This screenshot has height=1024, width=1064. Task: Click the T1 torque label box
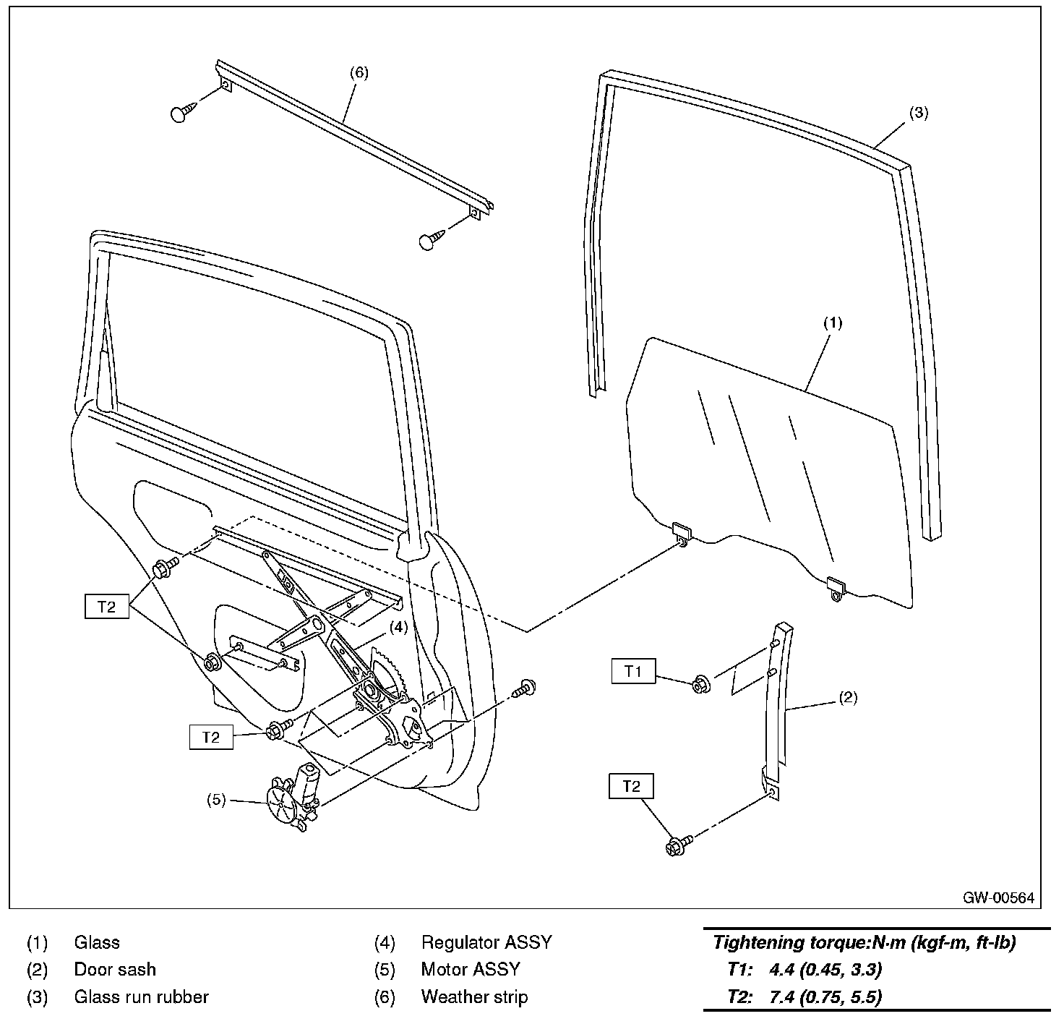tap(633, 671)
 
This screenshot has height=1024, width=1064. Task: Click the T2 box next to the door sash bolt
tap(631, 786)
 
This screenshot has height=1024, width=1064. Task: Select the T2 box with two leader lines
tap(106, 606)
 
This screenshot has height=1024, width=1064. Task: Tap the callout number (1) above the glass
tap(833, 323)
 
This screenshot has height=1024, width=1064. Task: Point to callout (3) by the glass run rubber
tap(918, 113)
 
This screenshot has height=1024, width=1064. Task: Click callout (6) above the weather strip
tap(359, 72)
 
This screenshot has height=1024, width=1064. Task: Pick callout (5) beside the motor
tap(217, 800)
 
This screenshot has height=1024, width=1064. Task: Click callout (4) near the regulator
tap(399, 627)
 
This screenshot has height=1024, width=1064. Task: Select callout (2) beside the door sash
tap(848, 698)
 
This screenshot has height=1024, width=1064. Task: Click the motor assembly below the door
tap(293, 799)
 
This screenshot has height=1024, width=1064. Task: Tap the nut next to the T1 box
tap(700, 684)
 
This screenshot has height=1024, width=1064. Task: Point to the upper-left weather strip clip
tap(182, 113)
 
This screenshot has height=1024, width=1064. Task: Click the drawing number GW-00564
tap(998, 897)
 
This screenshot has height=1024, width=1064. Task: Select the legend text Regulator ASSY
tap(486, 942)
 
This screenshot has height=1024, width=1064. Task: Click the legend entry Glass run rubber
tap(142, 997)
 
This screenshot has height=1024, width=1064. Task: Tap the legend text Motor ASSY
tap(471, 969)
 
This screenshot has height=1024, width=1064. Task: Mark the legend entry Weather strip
tap(474, 997)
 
